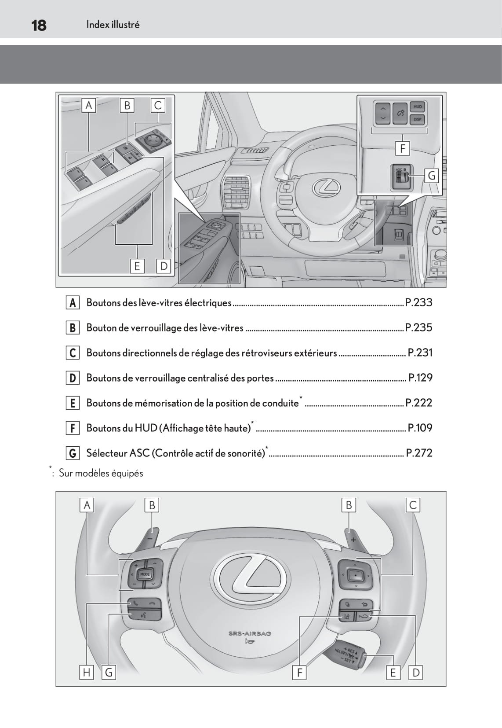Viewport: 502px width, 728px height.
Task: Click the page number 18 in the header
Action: (x=39, y=25)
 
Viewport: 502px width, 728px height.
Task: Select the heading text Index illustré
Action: (x=113, y=25)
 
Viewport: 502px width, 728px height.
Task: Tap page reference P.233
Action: (x=418, y=302)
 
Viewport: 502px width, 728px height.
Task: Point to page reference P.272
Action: (x=419, y=453)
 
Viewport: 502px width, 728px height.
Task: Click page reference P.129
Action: (x=420, y=378)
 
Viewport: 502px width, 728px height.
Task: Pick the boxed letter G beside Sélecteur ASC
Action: (x=73, y=453)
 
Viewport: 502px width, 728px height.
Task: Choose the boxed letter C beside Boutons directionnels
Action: (x=73, y=353)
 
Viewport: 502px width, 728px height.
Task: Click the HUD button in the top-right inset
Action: (x=417, y=107)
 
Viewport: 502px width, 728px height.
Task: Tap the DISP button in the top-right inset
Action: (x=417, y=119)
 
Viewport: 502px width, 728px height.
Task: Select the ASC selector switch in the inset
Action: (x=401, y=177)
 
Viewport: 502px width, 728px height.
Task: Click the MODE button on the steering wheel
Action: (x=145, y=574)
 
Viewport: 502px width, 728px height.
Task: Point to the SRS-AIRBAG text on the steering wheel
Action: (x=250, y=633)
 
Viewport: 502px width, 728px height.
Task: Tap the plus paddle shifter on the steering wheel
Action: (x=352, y=538)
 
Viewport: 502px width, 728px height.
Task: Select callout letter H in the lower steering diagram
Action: (x=87, y=672)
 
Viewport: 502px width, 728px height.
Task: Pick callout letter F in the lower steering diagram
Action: (x=299, y=672)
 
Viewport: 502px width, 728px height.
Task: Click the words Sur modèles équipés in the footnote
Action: (x=101, y=473)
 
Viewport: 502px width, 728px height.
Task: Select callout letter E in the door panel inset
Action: (x=137, y=266)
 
